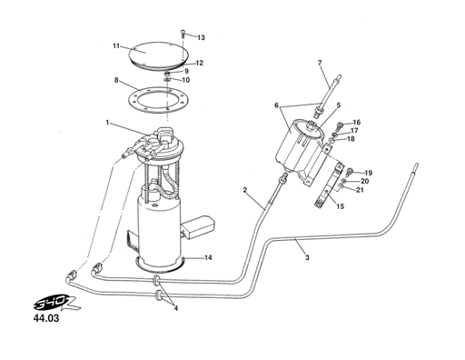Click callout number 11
pos(116,45)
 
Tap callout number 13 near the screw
pos(201,38)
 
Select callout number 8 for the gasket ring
pos(116,80)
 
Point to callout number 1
pos(107,123)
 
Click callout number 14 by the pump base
pos(208,257)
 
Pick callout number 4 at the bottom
pos(175,308)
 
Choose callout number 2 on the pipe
pos(245,189)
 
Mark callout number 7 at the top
pos(320,62)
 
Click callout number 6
pos(276,105)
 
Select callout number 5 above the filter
pos(338,105)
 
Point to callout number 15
pos(340,206)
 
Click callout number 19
pos(368,172)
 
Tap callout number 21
pos(360,190)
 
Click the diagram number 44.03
pos(46,320)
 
